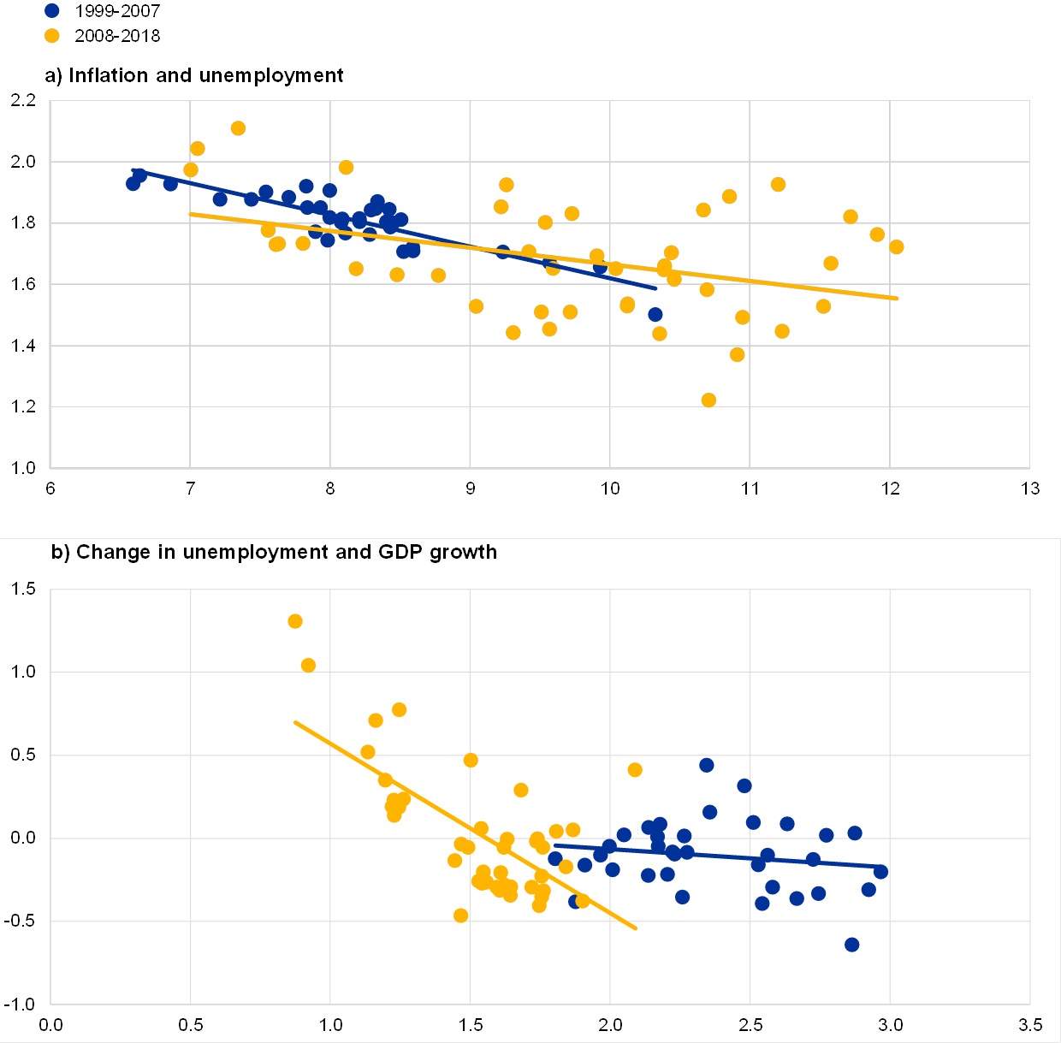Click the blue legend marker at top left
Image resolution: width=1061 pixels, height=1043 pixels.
pos(52,11)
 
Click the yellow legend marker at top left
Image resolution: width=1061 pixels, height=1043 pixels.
pos(52,35)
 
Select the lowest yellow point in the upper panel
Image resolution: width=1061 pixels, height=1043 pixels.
pos(708,400)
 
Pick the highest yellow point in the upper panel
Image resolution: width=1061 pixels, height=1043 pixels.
pos(238,128)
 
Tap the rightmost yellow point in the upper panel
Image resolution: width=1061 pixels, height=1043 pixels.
pos(897,247)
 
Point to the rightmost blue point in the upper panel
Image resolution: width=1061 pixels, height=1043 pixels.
pos(655,314)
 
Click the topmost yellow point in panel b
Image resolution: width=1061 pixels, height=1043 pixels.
pos(295,621)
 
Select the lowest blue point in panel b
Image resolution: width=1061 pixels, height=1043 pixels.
pos(851,945)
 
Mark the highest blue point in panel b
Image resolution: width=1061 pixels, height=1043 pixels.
pos(706,765)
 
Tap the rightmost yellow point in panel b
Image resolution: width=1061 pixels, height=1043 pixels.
pos(635,770)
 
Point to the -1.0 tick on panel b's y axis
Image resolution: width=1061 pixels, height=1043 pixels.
pos(20,1004)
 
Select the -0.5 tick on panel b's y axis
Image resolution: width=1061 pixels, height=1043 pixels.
pos(20,922)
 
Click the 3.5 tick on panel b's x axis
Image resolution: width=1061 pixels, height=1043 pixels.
pos(1030,1025)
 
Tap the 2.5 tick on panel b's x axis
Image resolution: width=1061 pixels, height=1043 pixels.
pos(750,1025)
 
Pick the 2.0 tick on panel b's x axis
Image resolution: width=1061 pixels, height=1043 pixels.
pos(610,1025)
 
